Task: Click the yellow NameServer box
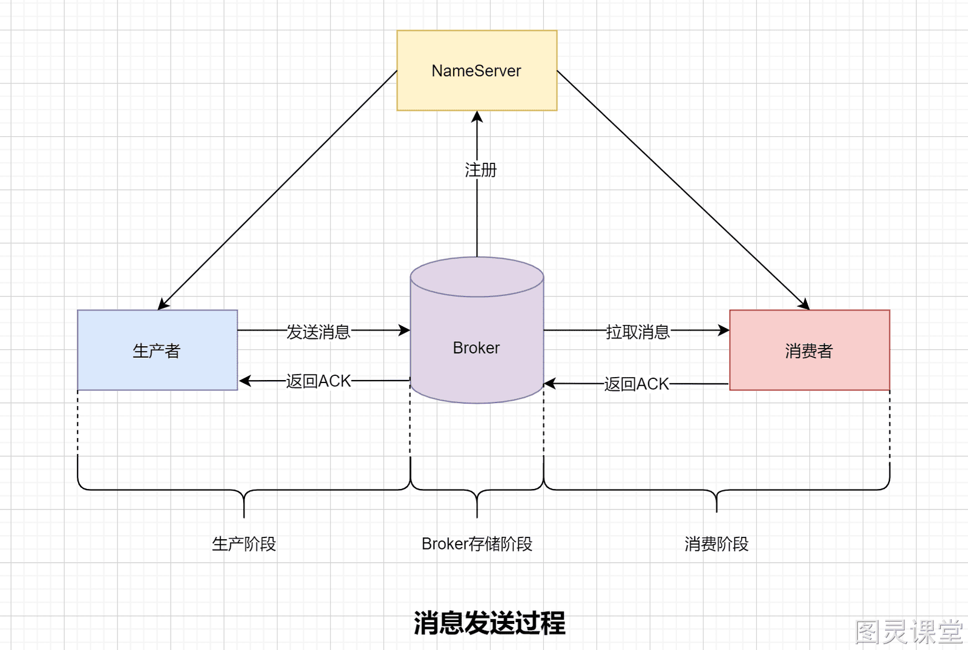pos(477,70)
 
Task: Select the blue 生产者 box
pos(157,350)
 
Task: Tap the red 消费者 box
pos(809,350)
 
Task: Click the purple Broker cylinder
pos(477,330)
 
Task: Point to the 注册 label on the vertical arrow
pos(480,170)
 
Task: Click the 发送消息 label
pos(318,332)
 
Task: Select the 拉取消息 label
pos(638,332)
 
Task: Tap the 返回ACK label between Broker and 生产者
pos(318,381)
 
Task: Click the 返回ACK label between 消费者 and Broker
pos(636,383)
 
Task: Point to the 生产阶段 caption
pos(244,543)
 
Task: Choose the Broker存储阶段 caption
pos(477,543)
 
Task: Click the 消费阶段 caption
pos(716,543)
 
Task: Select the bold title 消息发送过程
pos(489,623)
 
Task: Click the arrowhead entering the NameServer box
pos(477,117)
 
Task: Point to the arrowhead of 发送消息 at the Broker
pos(404,330)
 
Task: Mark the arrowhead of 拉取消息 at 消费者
pos(724,330)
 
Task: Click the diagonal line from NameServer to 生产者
pos(278,190)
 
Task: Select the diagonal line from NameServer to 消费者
pos(683,190)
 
